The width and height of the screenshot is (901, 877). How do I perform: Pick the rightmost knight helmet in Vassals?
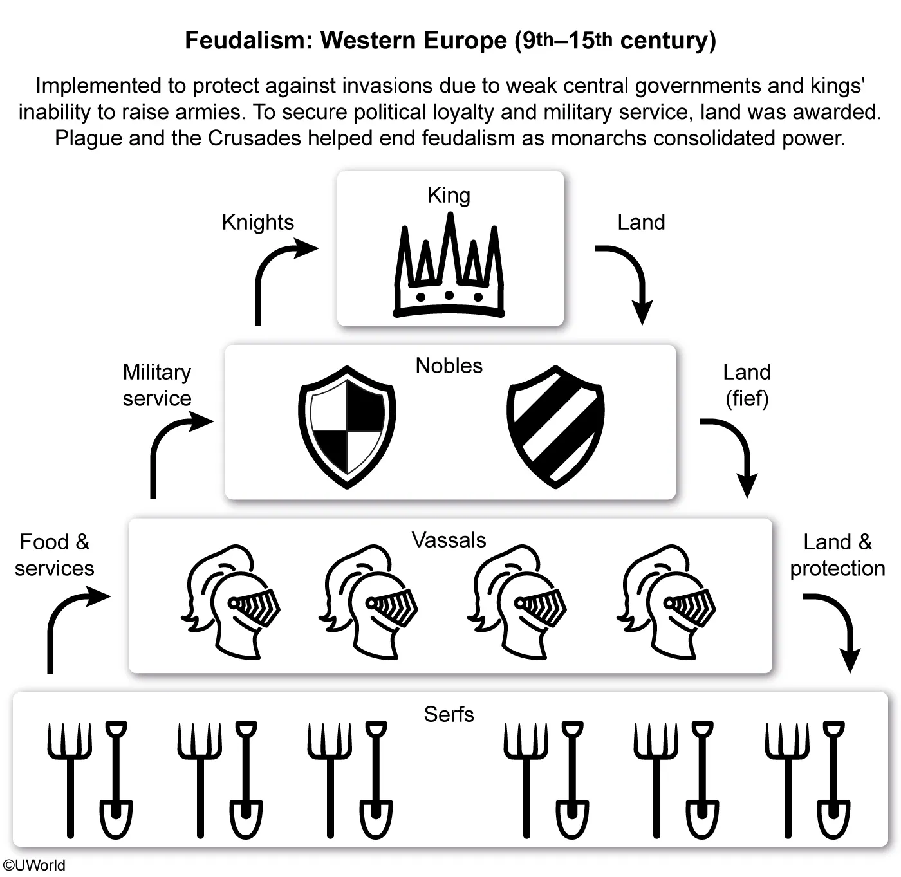point(668,602)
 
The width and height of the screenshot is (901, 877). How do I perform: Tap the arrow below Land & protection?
point(837,627)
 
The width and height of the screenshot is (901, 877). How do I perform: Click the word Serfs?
point(449,714)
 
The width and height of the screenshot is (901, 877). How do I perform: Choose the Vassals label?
point(449,540)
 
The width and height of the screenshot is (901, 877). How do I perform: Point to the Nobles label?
point(449,365)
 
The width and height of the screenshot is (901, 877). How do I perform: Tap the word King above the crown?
point(449,195)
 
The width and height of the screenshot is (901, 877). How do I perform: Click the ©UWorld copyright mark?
point(33,865)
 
